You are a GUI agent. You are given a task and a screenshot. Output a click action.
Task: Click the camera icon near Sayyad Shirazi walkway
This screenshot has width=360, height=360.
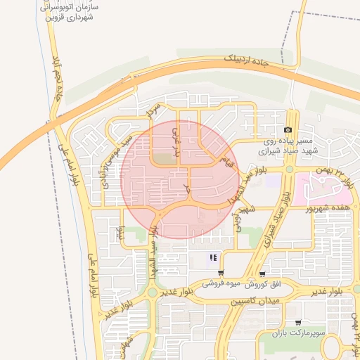[x=288, y=130]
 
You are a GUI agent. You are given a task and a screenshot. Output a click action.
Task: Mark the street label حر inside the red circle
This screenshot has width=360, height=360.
[x=186, y=187]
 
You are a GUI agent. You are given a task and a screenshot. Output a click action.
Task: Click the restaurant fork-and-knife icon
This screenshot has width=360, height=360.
[x=213, y=257]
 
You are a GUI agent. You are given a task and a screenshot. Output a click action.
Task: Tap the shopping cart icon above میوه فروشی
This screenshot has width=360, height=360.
[x=221, y=273]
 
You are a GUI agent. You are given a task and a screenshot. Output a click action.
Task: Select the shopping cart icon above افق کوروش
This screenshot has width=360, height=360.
[x=262, y=274]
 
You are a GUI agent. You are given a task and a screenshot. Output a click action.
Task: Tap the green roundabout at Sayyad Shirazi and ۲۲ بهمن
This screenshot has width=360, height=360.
[x=289, y=169]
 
